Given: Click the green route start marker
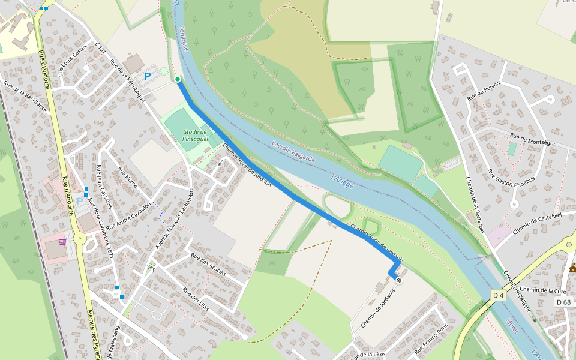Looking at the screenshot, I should (178, 79).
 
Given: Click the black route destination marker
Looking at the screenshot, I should (399, 280).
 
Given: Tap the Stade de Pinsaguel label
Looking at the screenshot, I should (196, 135).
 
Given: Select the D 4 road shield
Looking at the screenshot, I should (498, 295).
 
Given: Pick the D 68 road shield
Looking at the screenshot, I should (564, 302).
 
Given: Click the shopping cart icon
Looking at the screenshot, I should (62, 242).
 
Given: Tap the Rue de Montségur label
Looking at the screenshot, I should (533, 140).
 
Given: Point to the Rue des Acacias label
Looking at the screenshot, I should (208, 264).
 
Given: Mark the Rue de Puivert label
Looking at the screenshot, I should (484, 89).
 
